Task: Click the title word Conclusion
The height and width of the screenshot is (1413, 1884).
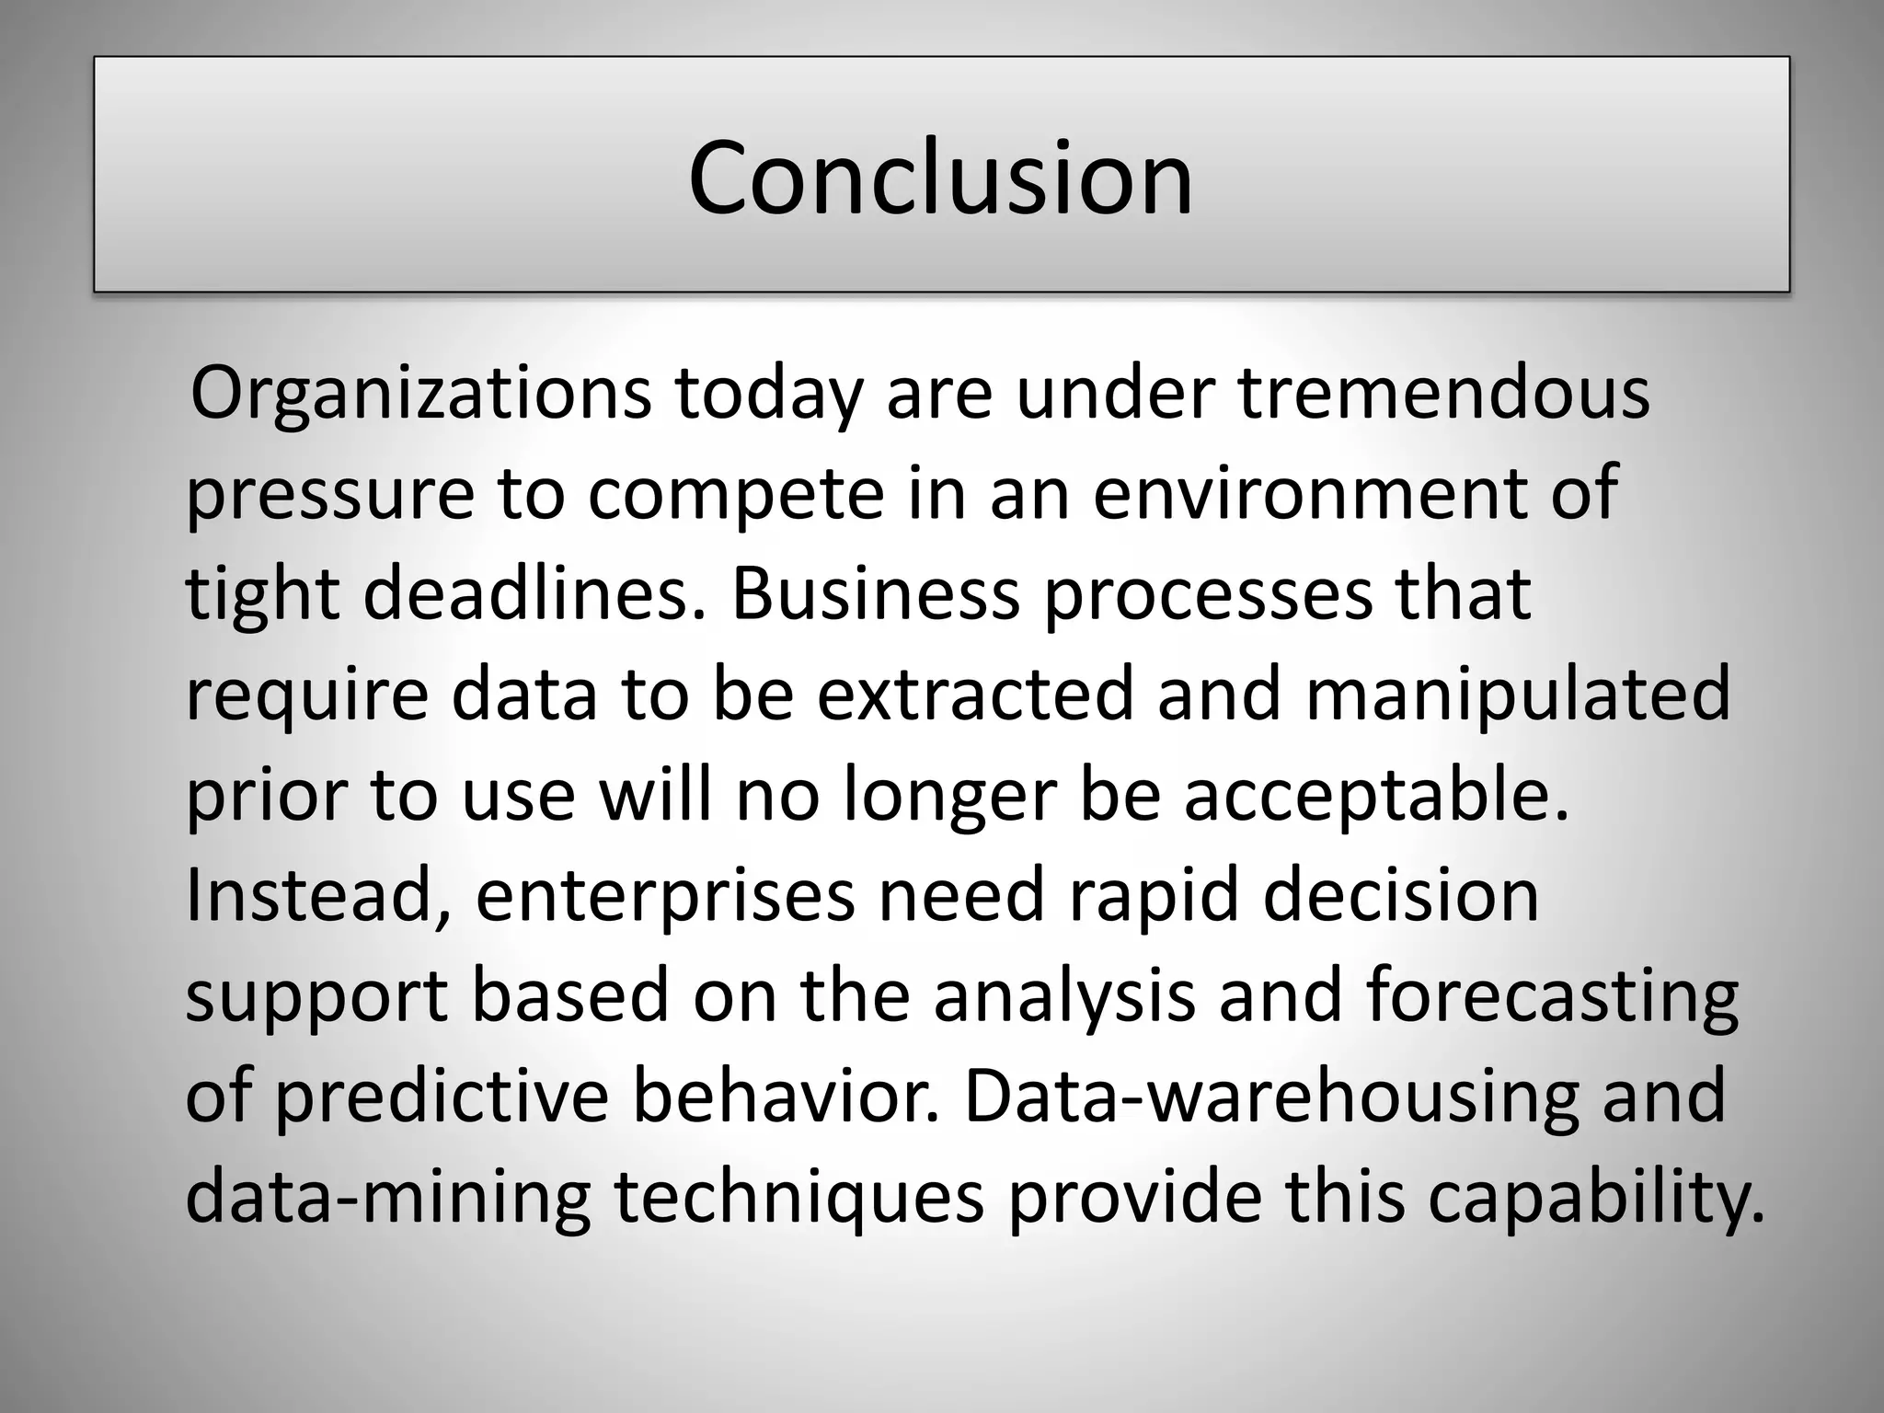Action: pos(940,177)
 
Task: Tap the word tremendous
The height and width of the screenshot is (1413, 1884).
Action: pos(1443,393)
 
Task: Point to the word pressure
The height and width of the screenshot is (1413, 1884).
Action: pos(330,494)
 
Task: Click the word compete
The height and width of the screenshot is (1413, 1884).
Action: pos(736,494)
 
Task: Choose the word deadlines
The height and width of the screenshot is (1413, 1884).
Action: pos(536,593)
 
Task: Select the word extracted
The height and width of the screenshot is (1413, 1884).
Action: pos(975,694)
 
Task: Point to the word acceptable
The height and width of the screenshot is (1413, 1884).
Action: pos(1375,796)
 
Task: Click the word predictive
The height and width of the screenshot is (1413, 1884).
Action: pos(442,1097)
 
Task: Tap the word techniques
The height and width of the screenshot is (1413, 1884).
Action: pos(799,1198)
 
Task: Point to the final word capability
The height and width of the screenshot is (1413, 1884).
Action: pos(1596,1198)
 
